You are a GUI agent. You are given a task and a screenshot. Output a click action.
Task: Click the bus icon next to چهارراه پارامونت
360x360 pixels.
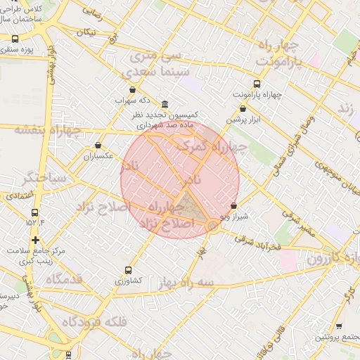coord(236,83)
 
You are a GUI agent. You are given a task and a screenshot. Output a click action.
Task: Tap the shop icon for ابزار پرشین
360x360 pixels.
coord(243,109)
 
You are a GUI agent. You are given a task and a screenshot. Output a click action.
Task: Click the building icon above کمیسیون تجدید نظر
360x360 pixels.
coord(165,103)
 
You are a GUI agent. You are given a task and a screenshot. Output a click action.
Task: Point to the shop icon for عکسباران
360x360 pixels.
coord(98,146)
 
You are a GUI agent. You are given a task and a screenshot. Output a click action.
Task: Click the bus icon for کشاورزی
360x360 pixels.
coord(128,269)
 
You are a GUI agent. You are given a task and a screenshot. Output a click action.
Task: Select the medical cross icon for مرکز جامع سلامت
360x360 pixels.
coord(35,240)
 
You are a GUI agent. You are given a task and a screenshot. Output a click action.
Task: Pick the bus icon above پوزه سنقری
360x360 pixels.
coord(15,39)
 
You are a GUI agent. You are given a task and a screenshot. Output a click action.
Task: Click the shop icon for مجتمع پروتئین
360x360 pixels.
coord(340,327)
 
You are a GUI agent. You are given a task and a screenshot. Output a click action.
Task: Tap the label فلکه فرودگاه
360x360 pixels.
coord(94,322)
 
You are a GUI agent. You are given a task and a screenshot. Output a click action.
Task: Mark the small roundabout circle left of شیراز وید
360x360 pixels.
coord(212,225)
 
